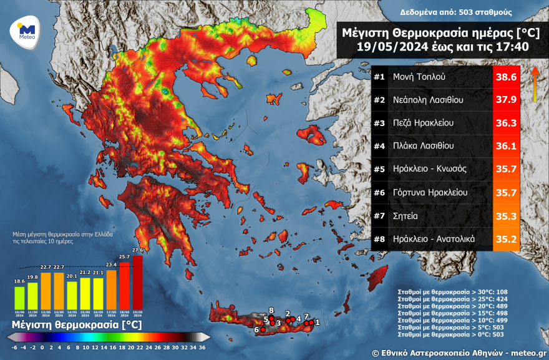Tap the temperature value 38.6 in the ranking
[x=505, y=77]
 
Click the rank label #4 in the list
[x=379, y=146]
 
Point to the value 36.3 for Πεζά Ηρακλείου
[x=505, y=123]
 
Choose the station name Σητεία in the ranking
[x=406, y=215]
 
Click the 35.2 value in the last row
[x=505, y=238]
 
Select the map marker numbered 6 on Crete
[x=263, y=329]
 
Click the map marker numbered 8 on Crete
[x=271, y=317]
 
